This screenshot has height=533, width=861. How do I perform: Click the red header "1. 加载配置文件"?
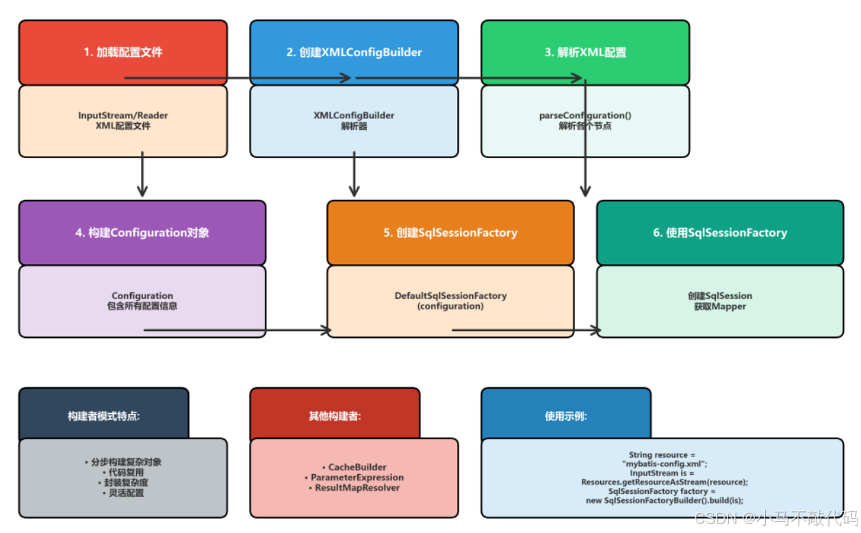pos(123,52)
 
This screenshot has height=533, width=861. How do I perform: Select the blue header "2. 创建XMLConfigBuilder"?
pos(354,52)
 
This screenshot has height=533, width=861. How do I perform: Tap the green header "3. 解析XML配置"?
pos(585,52)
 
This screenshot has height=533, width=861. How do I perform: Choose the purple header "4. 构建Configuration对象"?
pos(142,233)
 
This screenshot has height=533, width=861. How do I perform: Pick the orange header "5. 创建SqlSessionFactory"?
pos(450,233)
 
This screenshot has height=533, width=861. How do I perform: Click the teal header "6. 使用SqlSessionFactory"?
pos(720,233)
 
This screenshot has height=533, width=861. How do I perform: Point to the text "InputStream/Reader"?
pos(123,116)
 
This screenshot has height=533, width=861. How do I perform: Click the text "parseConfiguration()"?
pos(585,116)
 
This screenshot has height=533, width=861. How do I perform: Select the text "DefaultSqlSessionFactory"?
pos(450,296)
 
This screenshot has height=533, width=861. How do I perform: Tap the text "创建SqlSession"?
pos(720,296)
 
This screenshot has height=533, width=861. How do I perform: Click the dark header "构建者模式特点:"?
pos(103,415)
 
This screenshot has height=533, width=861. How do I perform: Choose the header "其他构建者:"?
pos(335,415)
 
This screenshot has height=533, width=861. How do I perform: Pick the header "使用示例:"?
pos(566,415)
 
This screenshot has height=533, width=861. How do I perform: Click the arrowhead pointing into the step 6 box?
pos(597,330)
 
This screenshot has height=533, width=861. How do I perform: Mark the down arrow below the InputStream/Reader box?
pos(142,191)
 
